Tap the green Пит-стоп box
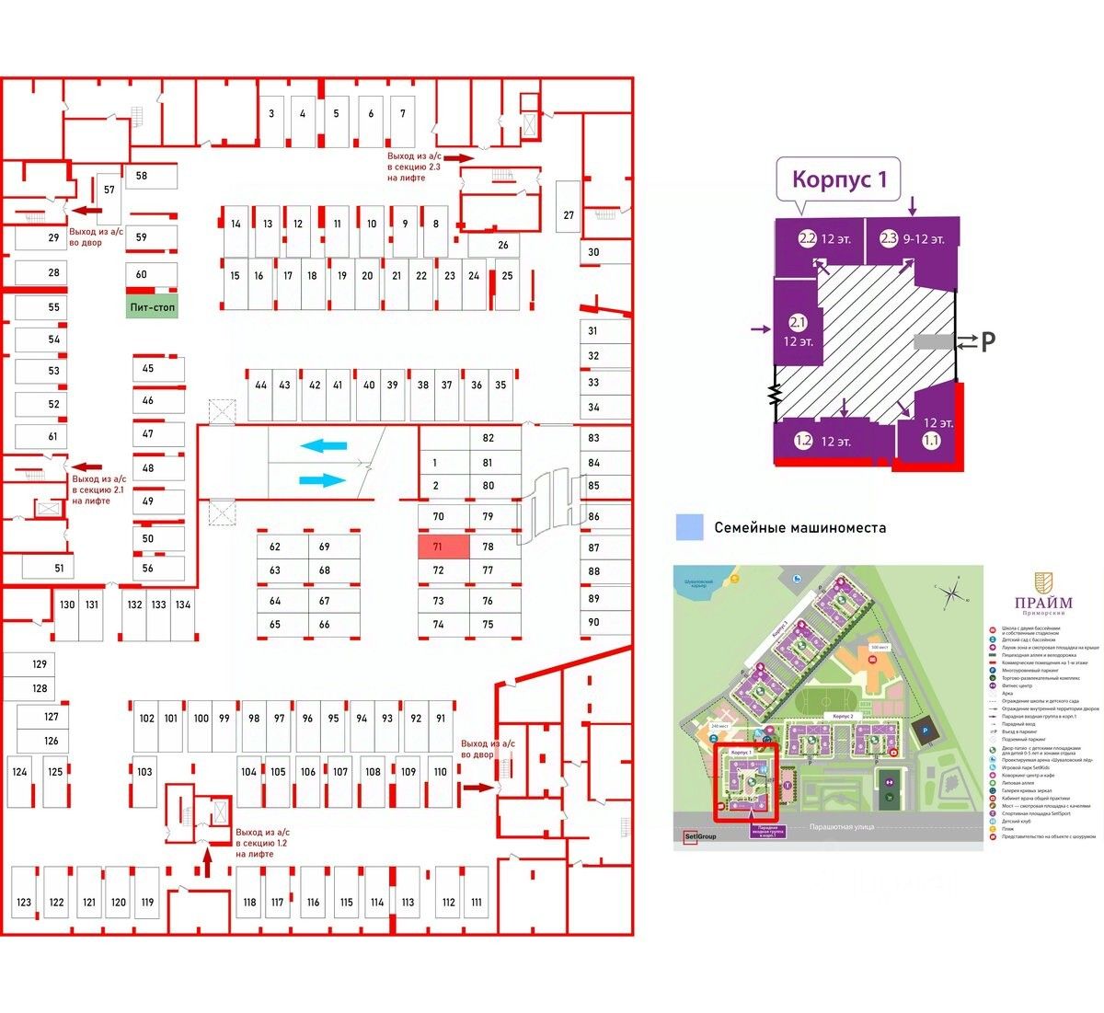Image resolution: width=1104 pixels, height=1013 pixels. pos(152,306)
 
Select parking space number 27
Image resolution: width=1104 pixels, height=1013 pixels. pos(569,214)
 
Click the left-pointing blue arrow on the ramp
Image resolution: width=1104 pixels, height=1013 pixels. pos(324,446)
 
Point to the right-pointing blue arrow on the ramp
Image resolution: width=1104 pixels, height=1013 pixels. pos(323,480)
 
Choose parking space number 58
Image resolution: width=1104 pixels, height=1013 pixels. pos(143,176)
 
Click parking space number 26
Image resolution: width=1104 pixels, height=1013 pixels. pos(503,246)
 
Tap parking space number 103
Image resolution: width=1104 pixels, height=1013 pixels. pos(145,772)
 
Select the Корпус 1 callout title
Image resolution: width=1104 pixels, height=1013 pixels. pos(839,179)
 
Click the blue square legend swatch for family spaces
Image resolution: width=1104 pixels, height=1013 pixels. pos(689,527)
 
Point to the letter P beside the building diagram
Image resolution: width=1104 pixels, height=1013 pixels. pos(987,342)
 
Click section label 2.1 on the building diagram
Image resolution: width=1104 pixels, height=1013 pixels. pos(798,323)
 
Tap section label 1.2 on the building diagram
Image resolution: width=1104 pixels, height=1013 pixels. pos(803,441)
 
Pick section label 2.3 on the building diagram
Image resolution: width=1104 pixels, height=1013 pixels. pos(888,238)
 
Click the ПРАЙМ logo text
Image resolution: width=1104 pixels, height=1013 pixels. pos(1042,603)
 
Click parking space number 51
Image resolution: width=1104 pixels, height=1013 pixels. pos(60,568)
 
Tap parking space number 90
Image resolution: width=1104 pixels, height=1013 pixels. pos(594,622)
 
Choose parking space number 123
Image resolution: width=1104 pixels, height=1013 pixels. pos(24,903)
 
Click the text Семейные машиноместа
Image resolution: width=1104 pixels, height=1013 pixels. pos(800,528)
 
